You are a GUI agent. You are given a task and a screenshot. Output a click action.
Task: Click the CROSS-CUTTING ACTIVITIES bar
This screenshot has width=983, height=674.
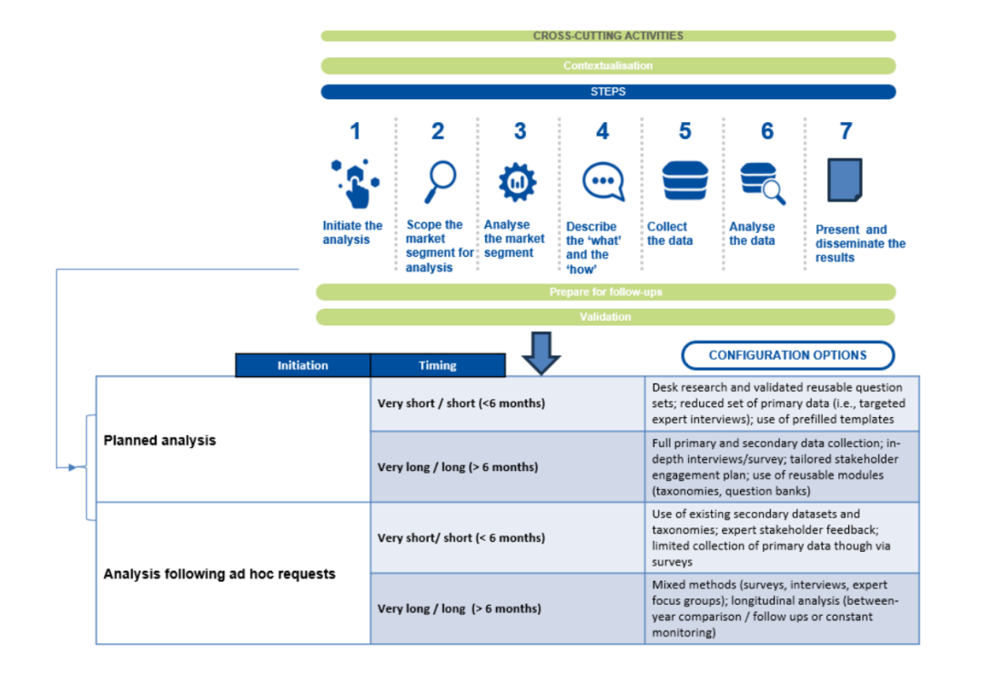(x=608, y=36)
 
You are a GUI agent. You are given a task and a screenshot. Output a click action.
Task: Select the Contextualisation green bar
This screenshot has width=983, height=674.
(x=608, y=66)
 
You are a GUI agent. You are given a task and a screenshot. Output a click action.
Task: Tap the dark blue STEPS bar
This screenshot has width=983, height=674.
(x=608, y=92)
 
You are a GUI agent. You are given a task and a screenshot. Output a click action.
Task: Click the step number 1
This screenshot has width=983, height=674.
(x=355, y=132)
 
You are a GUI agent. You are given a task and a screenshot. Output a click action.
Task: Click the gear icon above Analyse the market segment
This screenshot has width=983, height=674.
(x=517, y=182)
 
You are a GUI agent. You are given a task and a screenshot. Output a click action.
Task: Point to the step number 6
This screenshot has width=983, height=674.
(x=767, y=132)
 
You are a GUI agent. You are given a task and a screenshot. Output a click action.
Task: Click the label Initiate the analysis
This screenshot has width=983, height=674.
(x=352, y=232)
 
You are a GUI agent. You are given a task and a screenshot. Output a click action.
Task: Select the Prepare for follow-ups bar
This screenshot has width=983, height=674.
(x=605, y=292)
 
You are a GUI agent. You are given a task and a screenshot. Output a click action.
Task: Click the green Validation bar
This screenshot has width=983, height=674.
(x=605, y=317)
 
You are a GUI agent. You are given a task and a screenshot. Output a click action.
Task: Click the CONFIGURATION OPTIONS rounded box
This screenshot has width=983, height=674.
(x=787, y=355)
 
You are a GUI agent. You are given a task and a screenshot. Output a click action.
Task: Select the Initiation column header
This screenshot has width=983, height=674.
(x=302, y=365)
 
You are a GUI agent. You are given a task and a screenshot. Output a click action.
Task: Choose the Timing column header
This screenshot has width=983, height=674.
(x=437, y=365)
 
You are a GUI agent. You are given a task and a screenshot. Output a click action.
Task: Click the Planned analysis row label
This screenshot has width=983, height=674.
(x=160, y=440)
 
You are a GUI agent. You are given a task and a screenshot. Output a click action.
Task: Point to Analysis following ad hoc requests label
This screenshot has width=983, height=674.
(x=219, y=574)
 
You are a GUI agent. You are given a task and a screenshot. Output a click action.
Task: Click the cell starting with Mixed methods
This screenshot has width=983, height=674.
(x=781, y=608)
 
